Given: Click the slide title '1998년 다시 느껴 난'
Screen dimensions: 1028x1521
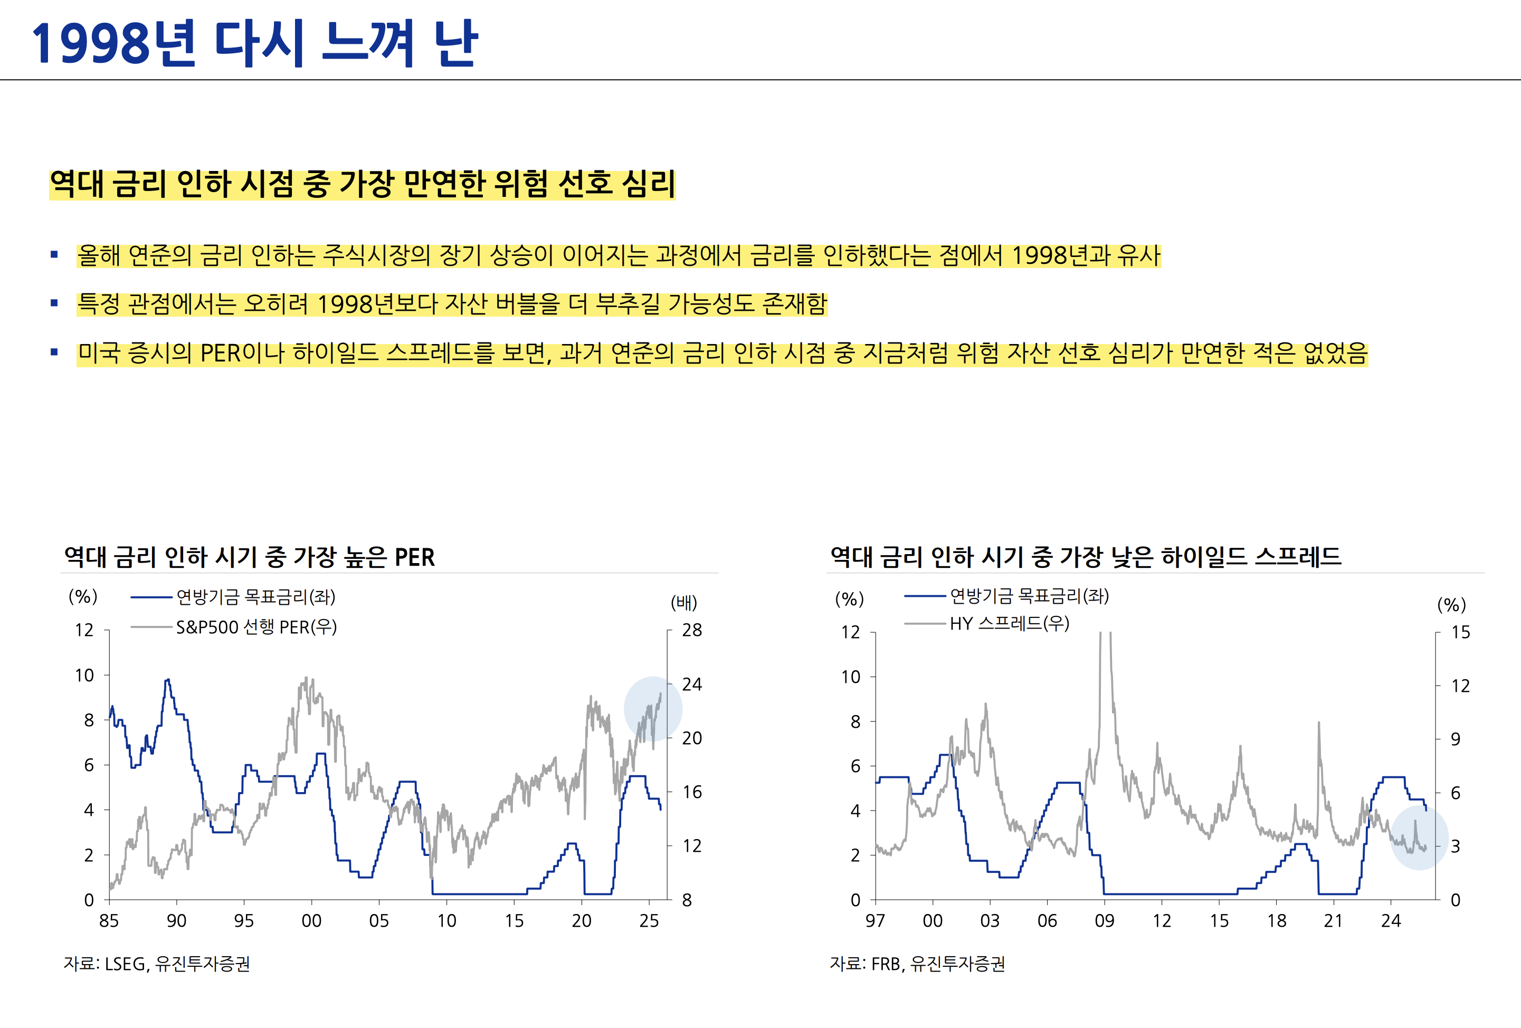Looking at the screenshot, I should pos(255,43).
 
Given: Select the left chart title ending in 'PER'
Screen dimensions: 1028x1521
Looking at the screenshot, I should pos(249,557).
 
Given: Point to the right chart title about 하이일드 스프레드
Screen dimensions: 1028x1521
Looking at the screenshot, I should pos(1085,557).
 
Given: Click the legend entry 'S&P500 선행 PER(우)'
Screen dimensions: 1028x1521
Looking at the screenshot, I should pos(256,627).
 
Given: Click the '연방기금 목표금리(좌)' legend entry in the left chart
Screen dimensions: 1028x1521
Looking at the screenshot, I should pos(255,597).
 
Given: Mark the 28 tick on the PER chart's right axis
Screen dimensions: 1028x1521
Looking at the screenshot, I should pos(692,630).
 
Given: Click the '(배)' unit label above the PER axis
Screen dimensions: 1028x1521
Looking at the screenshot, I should pos(684,602).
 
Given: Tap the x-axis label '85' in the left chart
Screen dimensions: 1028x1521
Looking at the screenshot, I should pos(109,921).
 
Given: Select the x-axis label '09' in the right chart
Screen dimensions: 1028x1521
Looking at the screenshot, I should pos(1104,921).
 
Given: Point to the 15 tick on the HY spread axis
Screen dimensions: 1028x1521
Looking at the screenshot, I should pos(1460,632).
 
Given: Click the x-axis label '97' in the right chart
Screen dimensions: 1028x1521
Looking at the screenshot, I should pos(875,921).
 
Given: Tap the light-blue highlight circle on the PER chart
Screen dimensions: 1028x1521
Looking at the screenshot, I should pos(652,709).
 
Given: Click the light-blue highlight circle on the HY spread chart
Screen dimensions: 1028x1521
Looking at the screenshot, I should pos(1419,837).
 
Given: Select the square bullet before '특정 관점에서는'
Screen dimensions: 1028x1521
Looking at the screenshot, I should pos(54,303).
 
